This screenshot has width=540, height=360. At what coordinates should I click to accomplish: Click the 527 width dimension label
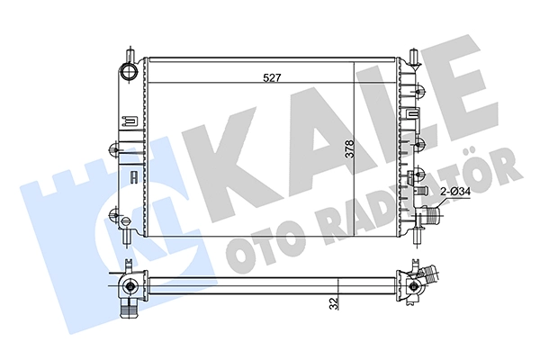point(272,78)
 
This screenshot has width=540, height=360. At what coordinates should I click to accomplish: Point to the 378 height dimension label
point(349,148)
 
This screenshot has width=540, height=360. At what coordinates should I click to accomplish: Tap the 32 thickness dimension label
point(333,303)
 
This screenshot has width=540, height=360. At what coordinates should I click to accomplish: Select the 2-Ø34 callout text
point(456,192)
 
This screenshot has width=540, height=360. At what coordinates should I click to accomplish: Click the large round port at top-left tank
point(129,71)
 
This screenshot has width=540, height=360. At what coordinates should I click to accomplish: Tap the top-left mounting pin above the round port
point(130,53)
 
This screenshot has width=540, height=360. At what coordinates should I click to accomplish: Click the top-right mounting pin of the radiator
point(414,57)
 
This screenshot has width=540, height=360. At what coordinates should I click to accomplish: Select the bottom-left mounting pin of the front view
point(129,238)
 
